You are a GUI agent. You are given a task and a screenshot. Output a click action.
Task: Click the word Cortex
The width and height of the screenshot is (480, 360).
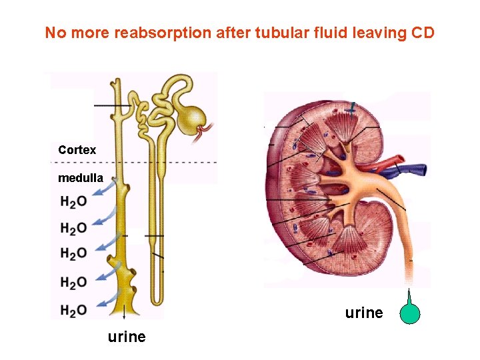point(77,150)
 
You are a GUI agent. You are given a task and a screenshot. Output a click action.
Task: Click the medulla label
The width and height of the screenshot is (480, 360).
point(81,178)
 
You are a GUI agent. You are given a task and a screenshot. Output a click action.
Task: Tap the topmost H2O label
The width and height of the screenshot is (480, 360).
point(73,201)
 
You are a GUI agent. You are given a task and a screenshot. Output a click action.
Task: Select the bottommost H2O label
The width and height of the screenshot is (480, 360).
point(73,310)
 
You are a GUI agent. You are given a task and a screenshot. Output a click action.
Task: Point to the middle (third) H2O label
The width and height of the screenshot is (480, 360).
point(73,253)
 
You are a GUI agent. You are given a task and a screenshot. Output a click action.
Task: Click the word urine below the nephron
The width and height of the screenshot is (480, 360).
point(126,336)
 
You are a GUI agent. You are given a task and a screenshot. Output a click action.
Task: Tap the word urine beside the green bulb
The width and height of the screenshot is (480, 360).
point(364,312)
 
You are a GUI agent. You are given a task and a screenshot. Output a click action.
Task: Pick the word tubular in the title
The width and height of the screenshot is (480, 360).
point(279,33)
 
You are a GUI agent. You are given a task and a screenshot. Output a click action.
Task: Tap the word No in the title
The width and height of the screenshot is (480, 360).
point(55,33)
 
